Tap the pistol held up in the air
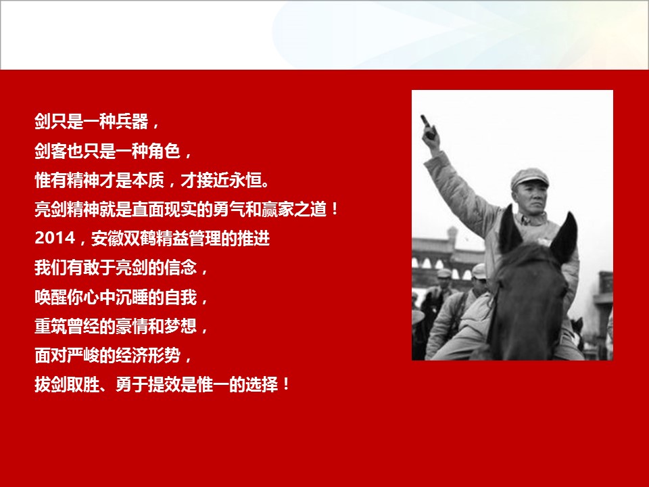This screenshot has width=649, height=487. [x=428, y=127]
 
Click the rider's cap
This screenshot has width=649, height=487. [x=529, y=178]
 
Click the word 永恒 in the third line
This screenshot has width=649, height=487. [x=245, y=180]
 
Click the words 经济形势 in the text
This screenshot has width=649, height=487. [x=148, y=356]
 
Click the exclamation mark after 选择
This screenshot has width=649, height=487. [x=286, y=385]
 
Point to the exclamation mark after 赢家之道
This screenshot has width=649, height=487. [x=335, y=210]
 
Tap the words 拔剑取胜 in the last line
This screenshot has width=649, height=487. [x=67, y=385]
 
